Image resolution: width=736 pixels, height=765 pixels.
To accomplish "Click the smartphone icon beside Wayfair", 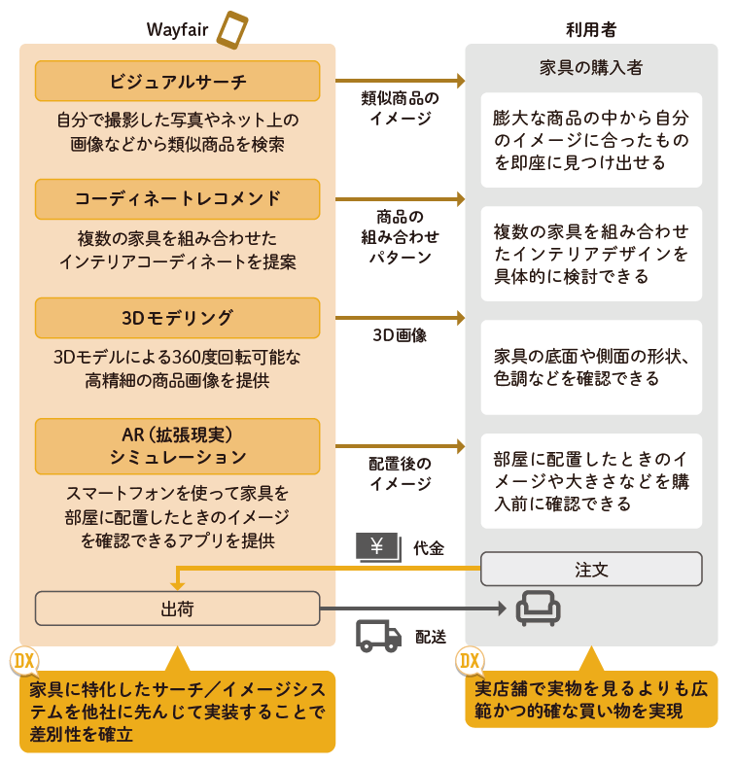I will coord(231,28).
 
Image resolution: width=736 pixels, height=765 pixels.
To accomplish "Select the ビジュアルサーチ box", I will coord(177,81).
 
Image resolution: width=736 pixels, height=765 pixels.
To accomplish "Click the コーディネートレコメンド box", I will coord(177,198).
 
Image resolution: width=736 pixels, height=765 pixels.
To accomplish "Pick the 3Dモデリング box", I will coord(177,318).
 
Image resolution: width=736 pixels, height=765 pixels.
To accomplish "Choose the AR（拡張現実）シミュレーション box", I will coord(177,444).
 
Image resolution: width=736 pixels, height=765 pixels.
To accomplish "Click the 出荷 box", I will coord(177,609).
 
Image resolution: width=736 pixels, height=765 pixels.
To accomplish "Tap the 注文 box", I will coord(591,569).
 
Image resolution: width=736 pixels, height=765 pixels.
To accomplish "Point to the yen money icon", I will coord(377,547).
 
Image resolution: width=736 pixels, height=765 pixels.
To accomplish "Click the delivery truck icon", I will coord(378,635).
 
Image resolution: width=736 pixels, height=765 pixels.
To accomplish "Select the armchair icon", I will coord(538,608).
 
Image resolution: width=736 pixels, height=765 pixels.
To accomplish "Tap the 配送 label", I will coord(431,637).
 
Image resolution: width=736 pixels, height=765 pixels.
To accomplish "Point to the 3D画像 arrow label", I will coord(400,335).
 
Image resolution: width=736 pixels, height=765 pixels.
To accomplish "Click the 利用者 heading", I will coord(591,29).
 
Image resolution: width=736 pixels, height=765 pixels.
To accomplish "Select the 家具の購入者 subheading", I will coord(591,68).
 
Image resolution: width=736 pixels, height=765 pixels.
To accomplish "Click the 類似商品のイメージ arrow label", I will coord(400,108).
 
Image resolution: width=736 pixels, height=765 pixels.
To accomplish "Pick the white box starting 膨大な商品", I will coord(591,139).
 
